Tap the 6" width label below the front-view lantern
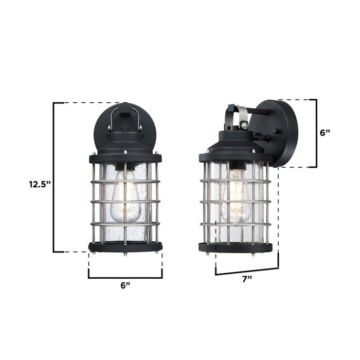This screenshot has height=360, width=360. pos(125,286)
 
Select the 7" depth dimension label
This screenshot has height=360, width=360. pos(247,278)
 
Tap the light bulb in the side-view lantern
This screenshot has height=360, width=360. pos(236,198)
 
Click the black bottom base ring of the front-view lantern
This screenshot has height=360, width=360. pos(125,247)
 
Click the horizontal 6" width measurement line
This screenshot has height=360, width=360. pos(125,278)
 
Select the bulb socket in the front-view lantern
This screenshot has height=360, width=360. pos(125,166)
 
